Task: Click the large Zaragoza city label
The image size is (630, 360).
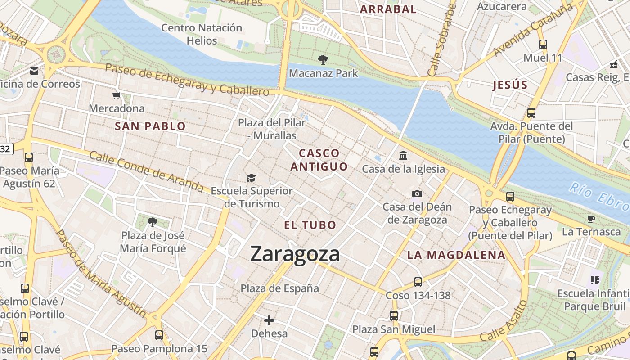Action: click(295, 254)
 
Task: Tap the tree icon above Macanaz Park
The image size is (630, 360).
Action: click(323, 59)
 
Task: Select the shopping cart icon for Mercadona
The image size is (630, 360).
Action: click(117, 95)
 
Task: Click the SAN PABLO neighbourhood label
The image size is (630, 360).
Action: click(150, 126)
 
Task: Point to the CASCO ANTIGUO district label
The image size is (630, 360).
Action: click(319, 160)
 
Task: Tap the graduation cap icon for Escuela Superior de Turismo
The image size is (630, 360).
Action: click(251, 178)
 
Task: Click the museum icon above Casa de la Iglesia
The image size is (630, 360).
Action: click(403, 156)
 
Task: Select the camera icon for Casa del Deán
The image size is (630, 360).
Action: click(417, 193)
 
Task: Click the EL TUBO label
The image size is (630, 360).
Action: click(310, 225)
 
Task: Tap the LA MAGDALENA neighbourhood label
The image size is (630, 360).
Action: click(456, 255)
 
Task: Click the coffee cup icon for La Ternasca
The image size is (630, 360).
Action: click(591, 219)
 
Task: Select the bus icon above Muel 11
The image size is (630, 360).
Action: click(543, 44)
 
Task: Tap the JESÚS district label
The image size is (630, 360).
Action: click(510, 85)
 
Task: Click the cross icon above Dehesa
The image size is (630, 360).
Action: click(269, 320)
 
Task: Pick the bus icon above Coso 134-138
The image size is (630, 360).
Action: click(418, 282)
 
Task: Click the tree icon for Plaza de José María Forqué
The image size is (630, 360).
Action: click(153, 222)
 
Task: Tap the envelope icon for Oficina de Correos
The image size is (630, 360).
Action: click(34, 71)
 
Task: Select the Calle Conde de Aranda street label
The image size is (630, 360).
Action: click(146, 171)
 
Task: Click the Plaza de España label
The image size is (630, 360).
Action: click(279, 288)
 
